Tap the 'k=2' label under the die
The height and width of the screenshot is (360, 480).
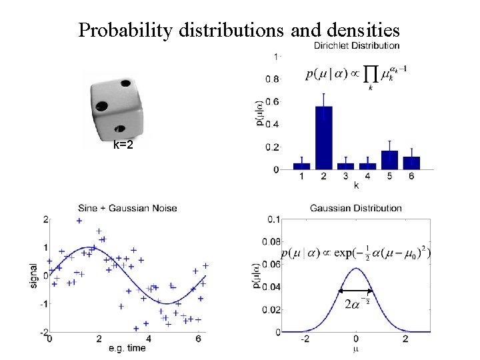tap(123, 145)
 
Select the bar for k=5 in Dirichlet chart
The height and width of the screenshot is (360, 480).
tap(389, 160)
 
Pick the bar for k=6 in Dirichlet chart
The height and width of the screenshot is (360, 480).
tap(411, 163)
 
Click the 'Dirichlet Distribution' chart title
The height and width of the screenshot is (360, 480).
tap(357, 46)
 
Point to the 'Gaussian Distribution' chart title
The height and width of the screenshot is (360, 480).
tap(356, 209)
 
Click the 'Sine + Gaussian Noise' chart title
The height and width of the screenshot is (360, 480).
tap(127, 208)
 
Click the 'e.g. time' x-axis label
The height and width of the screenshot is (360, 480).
tap(127, 349)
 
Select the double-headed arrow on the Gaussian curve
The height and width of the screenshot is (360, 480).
tap(355, 291)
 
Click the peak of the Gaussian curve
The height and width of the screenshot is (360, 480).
tap(356, 269)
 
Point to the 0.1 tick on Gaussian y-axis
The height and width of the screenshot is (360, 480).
tap(273, 219)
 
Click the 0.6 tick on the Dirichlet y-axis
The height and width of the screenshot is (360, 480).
tap(273, 101)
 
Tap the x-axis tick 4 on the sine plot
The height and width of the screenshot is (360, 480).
tap(148, 339)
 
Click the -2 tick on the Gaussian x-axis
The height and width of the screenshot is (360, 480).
tap(305, 339)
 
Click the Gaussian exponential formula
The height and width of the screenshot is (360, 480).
tap(356, 253)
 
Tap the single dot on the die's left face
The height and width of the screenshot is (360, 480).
tap(102, 105)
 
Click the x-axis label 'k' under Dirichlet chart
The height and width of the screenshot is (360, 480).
tap(356, 185)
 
